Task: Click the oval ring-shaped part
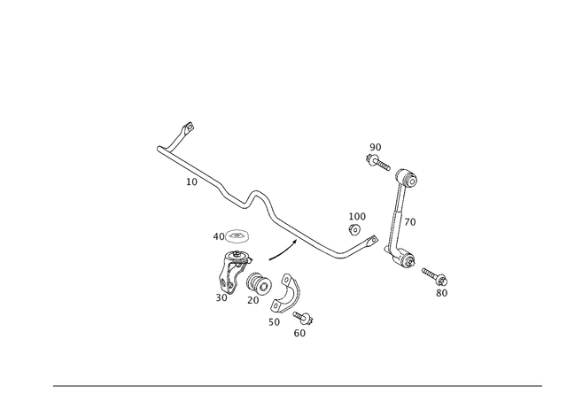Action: click(x=234, y=236)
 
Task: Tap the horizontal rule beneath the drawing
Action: click(x=297, y=387)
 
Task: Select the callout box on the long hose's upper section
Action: click(x=191, y=182)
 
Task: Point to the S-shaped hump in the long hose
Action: click(x=256, y=194)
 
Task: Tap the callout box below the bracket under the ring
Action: click(x=221, y=297)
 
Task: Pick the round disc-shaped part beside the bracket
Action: click(x=258, y=283)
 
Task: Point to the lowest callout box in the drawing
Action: click(x=299, y=333)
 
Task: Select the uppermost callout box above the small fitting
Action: click(x=376, y=146)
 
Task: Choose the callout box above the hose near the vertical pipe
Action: click(x=358, y=215)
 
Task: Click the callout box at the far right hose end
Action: click(x=441, y=291)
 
